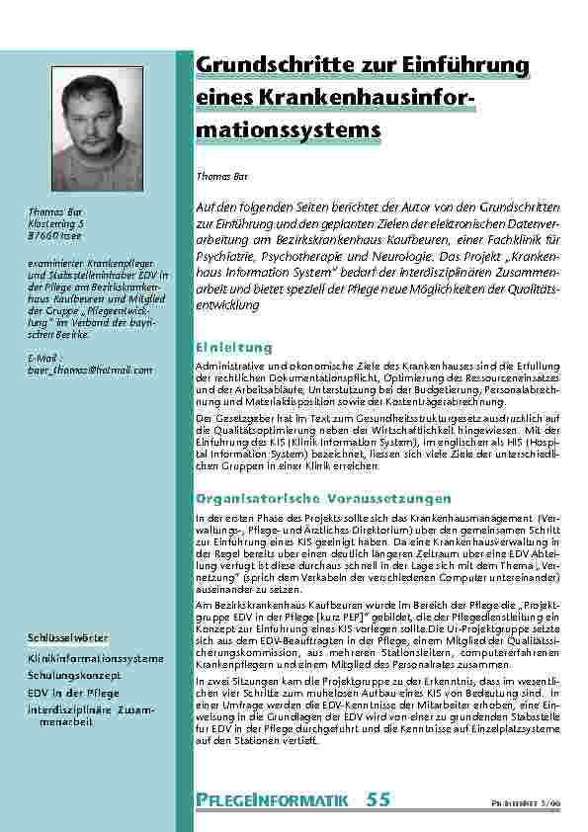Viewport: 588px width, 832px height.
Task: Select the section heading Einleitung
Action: [x=234, y=348]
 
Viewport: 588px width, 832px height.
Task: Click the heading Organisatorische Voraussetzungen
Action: [x=324, y=498]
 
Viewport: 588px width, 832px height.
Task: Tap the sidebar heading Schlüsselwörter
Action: [x=68, y=637]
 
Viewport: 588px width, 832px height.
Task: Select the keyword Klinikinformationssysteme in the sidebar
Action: [x=96, y=657]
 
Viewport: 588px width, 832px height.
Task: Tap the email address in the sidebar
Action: [x=91, y=370]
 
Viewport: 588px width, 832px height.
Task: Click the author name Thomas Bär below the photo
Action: [x=55, y=212]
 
